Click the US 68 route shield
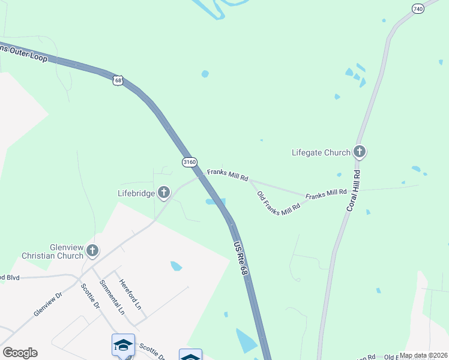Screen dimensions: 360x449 pos(118,80)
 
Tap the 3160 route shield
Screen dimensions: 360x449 pos(190,162)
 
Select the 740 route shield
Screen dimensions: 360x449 pos(418,9)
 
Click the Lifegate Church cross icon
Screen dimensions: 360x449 pos(360,152)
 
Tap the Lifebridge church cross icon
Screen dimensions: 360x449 pos(163,193)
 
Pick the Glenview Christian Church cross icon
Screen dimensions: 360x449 pos(92,250)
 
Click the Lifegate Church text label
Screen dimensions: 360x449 pos(321,152)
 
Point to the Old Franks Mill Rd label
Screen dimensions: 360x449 pos(278,204)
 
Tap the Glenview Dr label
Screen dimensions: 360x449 pos(48,305)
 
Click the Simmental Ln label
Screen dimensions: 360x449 pos(112,298)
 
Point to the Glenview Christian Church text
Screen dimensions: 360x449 pos(52,251)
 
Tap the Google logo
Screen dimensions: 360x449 pos(20,353)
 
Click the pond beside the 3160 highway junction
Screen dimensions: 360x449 pos(215,202)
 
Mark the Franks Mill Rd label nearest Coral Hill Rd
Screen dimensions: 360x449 pos(326,194)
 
